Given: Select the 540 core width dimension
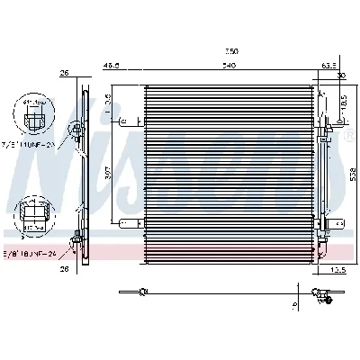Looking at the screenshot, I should pos(229,66).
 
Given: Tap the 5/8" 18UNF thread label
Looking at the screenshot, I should pos(31,255).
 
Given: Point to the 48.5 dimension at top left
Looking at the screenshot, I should pos(112,66).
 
